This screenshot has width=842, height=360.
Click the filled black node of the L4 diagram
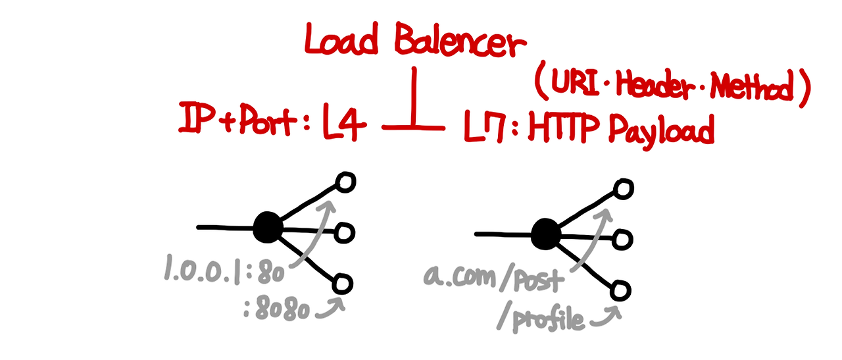coord(268,228)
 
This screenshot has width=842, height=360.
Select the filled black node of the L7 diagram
coord(545,233)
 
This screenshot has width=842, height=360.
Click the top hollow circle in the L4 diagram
coord(345,182)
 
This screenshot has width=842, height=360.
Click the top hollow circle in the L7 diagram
coord(622,189)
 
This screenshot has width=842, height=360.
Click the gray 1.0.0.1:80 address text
coord(223,270)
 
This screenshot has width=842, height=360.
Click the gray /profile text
coord(540,319)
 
